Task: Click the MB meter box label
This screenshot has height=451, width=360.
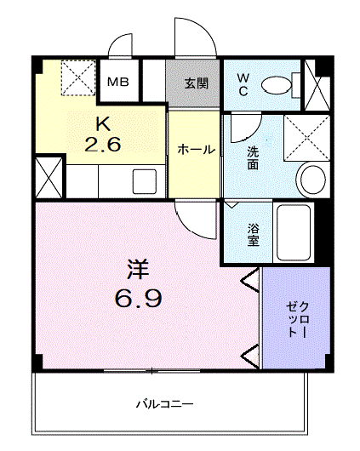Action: pyautogui.click(x=118, y=83)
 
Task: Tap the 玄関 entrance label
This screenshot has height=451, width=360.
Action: pyautogui.click(x=197, y=83)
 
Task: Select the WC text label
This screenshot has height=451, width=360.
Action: pyautogui.click(x=243, y=84)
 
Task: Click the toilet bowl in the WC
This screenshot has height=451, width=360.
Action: pyautogui.click(x=277, y=85)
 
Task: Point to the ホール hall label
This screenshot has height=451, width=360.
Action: pyautogui.click(x=197, y=150)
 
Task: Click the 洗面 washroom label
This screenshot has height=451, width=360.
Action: pyautogui.click(x=253, y=158)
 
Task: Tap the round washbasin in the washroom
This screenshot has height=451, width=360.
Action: pyautogui.click(x=313, y=180)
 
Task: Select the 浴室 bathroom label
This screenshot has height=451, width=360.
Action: pyautogui.click(x=254, y=234)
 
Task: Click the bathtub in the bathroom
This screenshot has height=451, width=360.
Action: pyautogui.click(x=294, y=232)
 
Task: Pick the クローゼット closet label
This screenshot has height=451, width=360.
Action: pyautogui.click(x=298, y=319)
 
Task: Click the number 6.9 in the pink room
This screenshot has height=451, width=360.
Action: pyautogui.click(x=139, y=298)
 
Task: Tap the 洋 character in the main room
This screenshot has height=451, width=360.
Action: pyautogui.click(x=138, y=270)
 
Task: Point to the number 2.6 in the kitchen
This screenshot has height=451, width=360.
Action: pyautogui.click(x=103, y=144)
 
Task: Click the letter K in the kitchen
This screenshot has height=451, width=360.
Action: pyautogui.click(x=103, y=124)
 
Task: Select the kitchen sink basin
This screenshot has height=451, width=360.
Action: pyautogui.click(x=145, y=181)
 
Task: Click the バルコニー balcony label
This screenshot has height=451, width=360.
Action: pyautogui.click(x=164, y=404)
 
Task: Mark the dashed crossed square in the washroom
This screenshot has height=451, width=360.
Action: pyautogui.click(x=306, y=138)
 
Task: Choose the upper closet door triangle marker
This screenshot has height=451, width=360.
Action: pyautogui.click(x=251, y=280)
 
